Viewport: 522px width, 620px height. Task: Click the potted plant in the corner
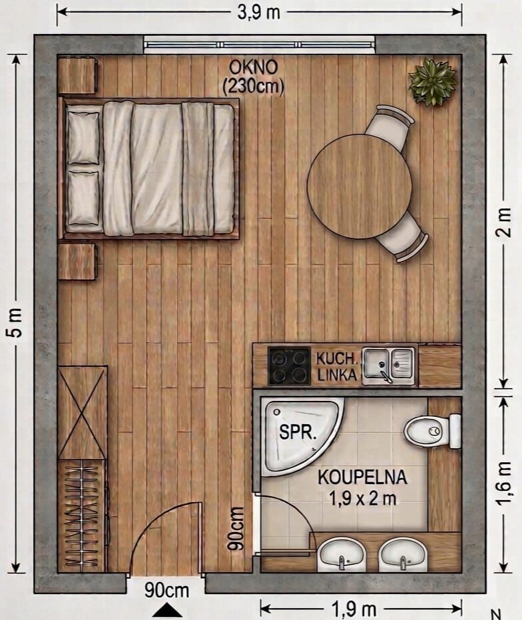[433, 83]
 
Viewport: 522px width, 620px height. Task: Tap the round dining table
[360, 186]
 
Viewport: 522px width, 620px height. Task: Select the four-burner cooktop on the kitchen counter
[289, 366]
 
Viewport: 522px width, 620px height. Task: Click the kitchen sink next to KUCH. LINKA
[388, 365]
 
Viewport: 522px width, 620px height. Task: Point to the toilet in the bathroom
[433, 431]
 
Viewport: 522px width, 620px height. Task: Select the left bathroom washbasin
[342, 554]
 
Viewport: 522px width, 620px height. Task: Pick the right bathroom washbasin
[403, 554]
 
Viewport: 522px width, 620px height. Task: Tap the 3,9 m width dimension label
[258, 13]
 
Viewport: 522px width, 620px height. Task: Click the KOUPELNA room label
[362, 477]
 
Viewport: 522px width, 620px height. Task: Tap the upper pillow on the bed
[83, 138]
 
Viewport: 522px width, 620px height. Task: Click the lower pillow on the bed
[83, 198]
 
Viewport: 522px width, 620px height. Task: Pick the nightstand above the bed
[77, 76]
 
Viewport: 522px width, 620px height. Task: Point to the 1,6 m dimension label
[503, 483]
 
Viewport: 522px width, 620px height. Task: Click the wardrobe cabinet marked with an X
[83, 412]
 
